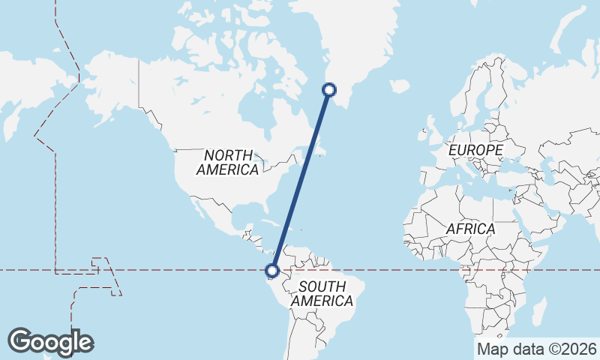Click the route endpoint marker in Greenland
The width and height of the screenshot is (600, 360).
point(329,91)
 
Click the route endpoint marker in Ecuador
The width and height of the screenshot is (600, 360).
point(273,271)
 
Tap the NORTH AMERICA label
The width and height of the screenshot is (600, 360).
point(227,162)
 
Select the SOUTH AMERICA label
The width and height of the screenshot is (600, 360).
point(322,293)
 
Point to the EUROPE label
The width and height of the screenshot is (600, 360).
point(475,151)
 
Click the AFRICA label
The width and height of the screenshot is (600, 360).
point(470,229)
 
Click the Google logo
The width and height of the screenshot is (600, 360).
point(50,342)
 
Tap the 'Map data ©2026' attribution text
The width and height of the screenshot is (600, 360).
point(536,349)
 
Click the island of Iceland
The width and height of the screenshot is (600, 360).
point(400,86)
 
